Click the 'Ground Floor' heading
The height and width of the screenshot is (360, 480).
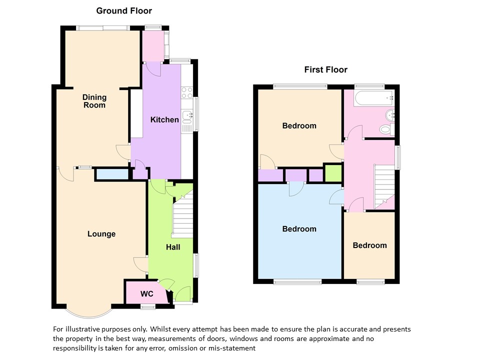(x=124, y=11)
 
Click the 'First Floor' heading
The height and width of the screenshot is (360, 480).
(x=325, y=70)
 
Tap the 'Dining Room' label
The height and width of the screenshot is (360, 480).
(x=94, y=101)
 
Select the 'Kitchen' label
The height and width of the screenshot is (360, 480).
(x=164, y=119)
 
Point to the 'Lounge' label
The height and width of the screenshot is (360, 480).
(x=101, y=234)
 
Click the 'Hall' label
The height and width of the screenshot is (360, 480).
(x=173, y=247)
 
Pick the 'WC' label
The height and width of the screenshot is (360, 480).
(x=146, y=294)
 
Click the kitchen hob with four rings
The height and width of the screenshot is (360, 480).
(x=186, y=93)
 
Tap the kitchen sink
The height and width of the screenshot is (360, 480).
(x=186, y=117)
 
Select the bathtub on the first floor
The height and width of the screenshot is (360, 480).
(x=374, y=98)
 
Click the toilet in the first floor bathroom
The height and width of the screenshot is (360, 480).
(x=387, y=129)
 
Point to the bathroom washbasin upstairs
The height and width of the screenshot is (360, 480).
(x=389, y=115)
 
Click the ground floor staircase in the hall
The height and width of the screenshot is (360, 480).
(x=183, y=217)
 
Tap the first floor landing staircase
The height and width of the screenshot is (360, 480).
(x=384, y=186)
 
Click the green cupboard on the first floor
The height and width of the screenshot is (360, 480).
(x=333, y=173)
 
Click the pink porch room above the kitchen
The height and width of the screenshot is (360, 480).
(x=153, y=46)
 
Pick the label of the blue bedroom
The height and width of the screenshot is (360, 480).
(x=299, y=229)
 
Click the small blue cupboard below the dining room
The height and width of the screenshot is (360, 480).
(x=112, y=174)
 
